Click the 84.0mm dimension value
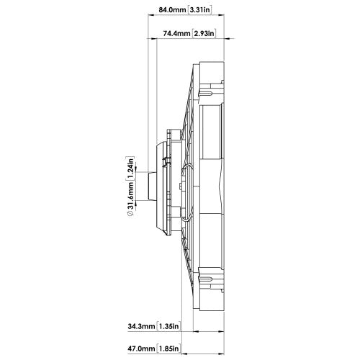(x=172, y=10)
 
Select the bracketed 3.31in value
(x=200, y=10)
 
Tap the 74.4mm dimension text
(x=176, y=33)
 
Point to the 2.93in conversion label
(x=204, y=33)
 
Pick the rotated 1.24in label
(x=130, y=168)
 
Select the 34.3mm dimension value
(x=141, y=326)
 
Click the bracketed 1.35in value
(x=168, y=326)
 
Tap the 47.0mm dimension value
(x=141, y=348)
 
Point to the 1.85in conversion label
(x=168, y=348)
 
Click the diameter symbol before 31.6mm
(x=130, y=213)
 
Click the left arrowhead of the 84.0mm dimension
(x=150, y=15)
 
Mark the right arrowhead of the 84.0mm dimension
(x=221, y=15)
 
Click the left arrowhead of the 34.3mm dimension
(x=196, y=331)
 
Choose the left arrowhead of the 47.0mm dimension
(x=185, y=354)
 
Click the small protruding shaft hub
(x=152, y=186)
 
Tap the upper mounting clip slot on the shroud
(x=205, y=93)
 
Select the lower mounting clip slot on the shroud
(x=205, y=279)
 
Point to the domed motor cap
(x=162, y=186)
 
